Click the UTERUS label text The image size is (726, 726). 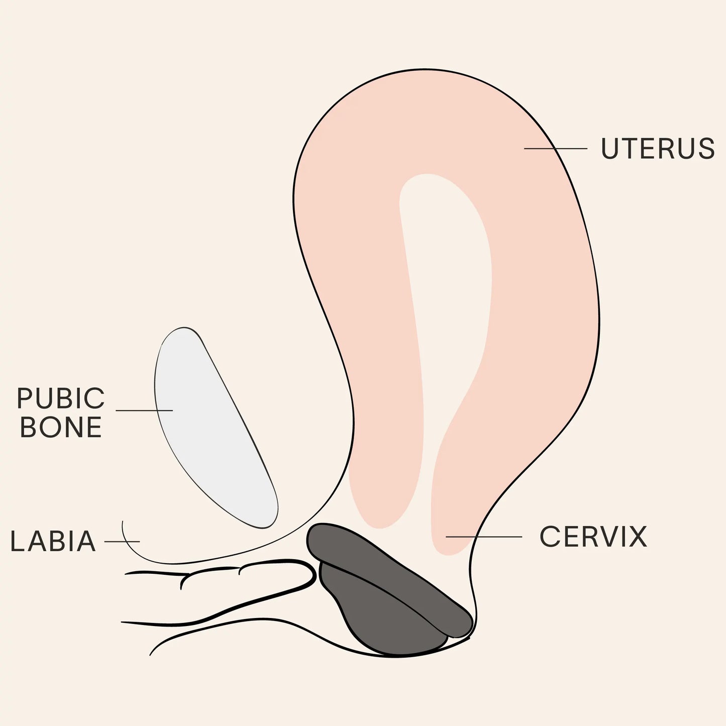[657, 149]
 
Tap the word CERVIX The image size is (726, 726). [593, 537]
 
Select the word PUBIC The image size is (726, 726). [61, 398]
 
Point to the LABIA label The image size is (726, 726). [53, 541]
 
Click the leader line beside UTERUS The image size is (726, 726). [555, 149]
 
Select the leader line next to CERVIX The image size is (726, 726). [483, 537]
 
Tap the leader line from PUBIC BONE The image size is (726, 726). [144, 410]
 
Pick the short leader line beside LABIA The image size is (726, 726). [122, 542]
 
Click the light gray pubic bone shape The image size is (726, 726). [211, 427]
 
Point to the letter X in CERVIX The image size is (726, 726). [637, 537]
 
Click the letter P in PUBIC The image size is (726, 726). [25, 398]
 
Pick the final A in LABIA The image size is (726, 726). [86, 541]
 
